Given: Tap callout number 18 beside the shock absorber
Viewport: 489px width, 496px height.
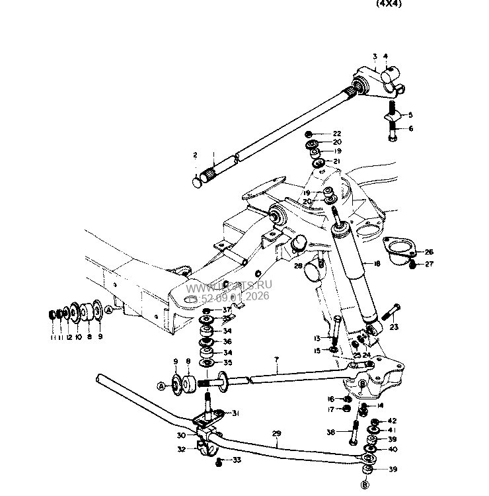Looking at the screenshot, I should coord(377,264).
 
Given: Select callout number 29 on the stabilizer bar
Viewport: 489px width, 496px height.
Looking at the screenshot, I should coord(276,434).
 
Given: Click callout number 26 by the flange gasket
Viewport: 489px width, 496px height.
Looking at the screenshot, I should coord(430,252).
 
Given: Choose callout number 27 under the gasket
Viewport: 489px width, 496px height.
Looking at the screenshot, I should coord(430,264).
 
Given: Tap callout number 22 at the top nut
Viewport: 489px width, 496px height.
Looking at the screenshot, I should coord(336,133).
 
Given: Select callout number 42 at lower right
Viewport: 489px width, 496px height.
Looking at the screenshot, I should coord(392,421).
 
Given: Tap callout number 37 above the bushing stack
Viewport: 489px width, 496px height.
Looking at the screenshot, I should coord(227,310).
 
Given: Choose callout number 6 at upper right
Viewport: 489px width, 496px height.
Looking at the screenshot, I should coord(410,128).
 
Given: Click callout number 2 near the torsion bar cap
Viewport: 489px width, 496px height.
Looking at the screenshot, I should coord(195,155).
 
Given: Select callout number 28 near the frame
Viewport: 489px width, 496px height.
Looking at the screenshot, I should coord(299,265).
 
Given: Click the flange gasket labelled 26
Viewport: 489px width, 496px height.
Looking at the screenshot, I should coord(400,250).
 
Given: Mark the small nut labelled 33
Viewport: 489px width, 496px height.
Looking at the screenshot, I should coord(219,461).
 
